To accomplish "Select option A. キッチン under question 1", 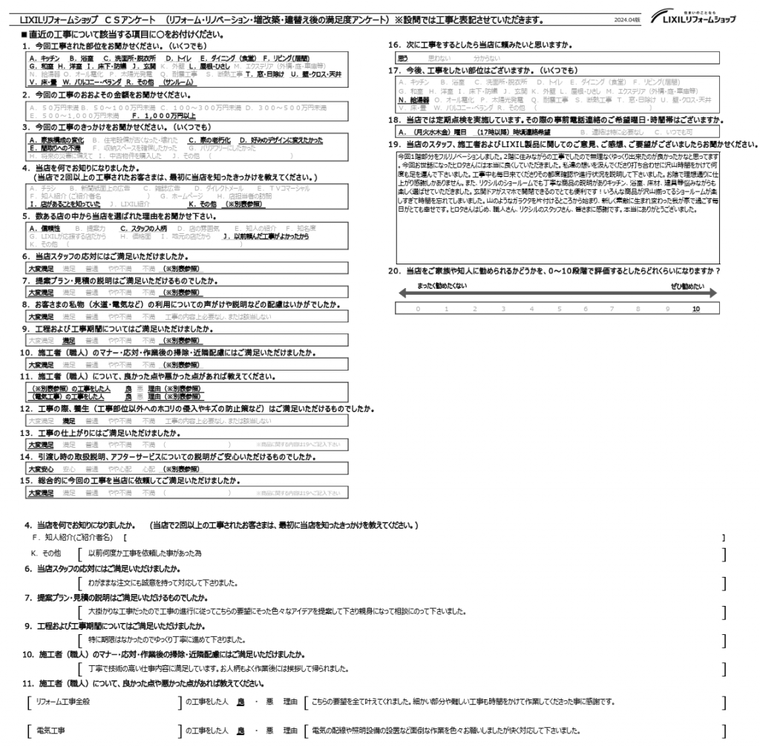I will (x=45, y=56).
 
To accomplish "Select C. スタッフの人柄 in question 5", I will (x=144, y=229).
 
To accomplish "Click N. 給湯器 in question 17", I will (x=414, y=99).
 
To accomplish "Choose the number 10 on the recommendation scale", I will (x=695, y=307).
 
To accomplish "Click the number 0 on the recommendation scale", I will (x=417, y=307).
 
